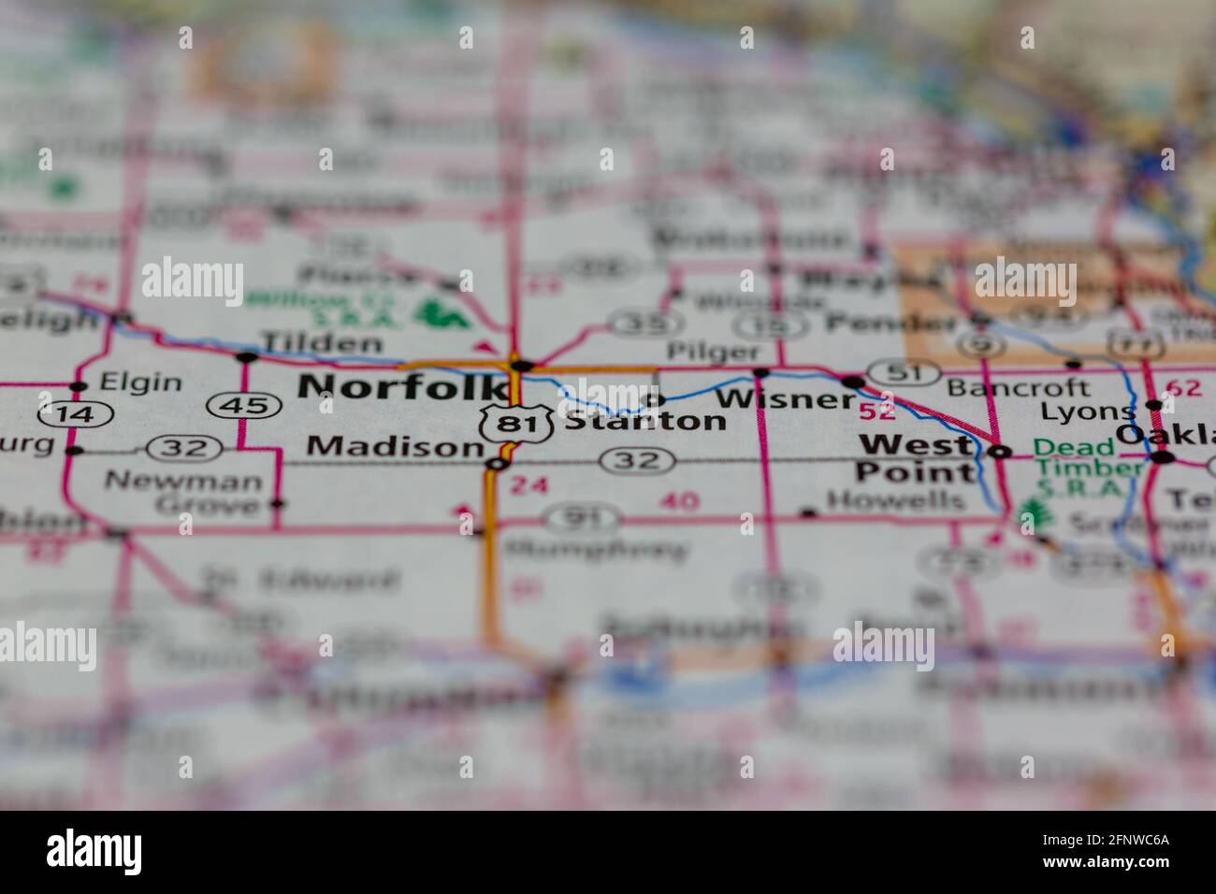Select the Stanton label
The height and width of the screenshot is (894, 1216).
tap(645, 421)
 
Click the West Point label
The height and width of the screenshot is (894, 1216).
tap(917, 458)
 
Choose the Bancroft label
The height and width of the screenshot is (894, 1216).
tap(1018, 387)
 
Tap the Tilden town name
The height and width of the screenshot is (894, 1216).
tap(322, 342)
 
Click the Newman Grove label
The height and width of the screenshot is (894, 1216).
tap(183, 493)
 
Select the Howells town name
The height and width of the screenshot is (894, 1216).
tap(896, 500)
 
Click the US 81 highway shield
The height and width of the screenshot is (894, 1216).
tap(508, 424)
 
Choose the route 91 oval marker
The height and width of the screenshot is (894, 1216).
tap(582, 517)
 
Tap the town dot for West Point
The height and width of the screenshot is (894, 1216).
tap(1001, 452)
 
